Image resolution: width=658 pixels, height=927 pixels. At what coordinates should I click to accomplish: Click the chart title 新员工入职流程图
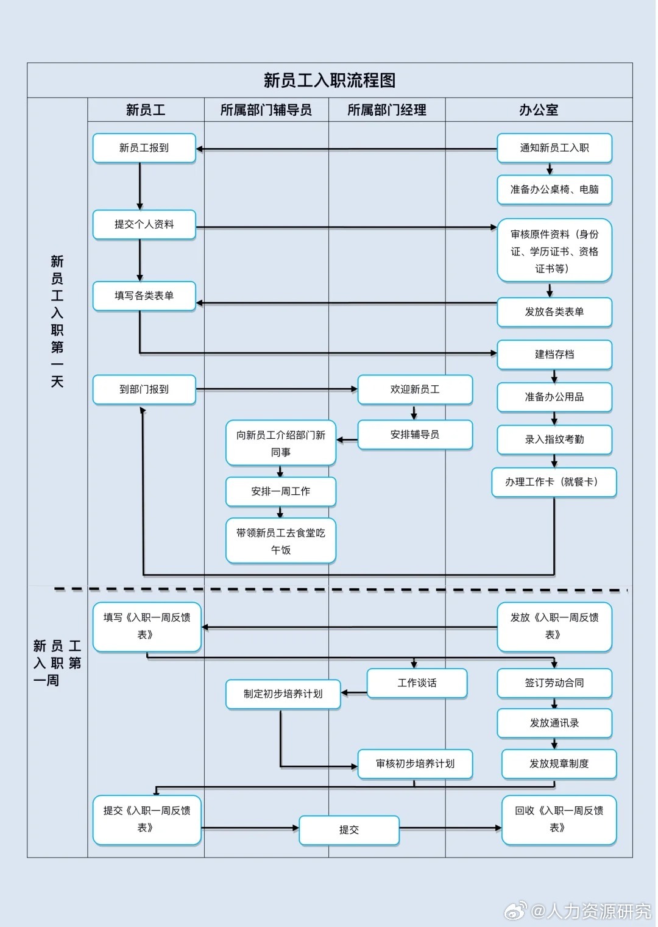(x=329, y=80)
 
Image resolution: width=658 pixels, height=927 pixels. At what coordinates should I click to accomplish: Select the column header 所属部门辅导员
(x=266, y=110)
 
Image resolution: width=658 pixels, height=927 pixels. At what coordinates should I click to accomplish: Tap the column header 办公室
(x=539, y=110)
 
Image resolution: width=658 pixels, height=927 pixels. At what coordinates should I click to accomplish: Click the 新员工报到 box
(x=144, y=148)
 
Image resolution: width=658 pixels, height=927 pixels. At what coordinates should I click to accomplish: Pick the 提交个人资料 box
(x=144, y=225)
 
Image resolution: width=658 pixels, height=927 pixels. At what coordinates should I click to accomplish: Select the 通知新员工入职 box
(x=554, y=148)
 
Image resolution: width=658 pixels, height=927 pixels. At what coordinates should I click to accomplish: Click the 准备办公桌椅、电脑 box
(x=554, y=190)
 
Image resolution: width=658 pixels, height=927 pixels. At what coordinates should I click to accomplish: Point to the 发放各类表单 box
(x=554, y=312)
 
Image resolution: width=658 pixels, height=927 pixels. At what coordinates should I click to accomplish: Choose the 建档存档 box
(x=554, y=355)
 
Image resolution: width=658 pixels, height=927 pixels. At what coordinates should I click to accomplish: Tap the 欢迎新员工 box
(x=415, y=389)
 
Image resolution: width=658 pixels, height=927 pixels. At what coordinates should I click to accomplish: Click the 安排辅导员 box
(x=415, y=435)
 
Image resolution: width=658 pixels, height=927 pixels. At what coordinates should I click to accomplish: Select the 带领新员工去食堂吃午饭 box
(x=280, y=541)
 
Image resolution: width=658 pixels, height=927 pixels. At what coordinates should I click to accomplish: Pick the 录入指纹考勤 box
(x=554, y=439)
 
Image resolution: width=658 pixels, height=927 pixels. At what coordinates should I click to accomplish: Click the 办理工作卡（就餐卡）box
(x=554, y=482)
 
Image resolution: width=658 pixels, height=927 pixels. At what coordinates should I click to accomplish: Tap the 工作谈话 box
(x=417, y=683)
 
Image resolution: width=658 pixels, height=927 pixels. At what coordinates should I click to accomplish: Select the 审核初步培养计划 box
(x=415, y=764)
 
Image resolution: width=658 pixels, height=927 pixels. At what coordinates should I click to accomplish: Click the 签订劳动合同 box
(x=554, y=683)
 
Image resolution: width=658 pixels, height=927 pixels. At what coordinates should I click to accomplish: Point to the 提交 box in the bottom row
(x=349, y=830)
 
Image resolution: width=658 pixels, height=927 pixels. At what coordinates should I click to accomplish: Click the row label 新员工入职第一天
(x=57, y=321)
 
